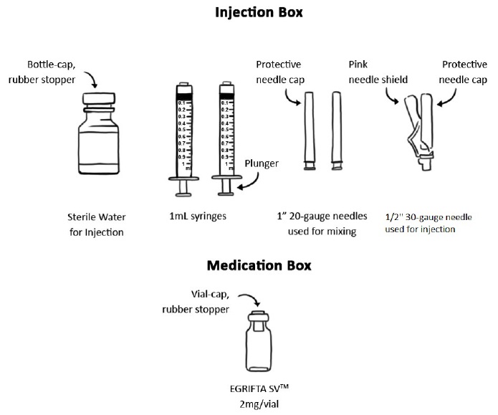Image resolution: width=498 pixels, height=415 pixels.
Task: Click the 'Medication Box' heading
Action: pyautogui.click(x=249, y=264)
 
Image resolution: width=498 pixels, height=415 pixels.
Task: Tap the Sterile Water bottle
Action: pyautogui.click(x=100, y=140)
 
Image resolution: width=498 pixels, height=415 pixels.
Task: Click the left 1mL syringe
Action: pyautogui.click(x=185, y=136)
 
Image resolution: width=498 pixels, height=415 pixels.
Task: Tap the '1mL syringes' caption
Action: pyautogui.click(x=204, y=213)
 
